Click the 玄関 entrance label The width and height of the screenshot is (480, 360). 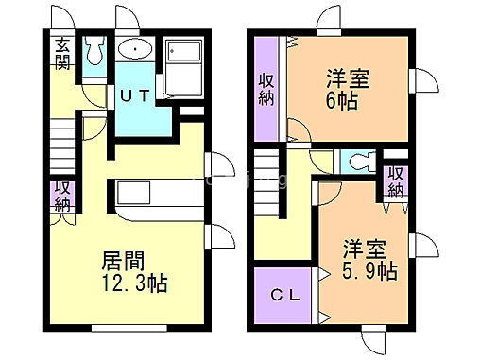tap(61, 54)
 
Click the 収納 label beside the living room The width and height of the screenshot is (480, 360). tap(62, 195)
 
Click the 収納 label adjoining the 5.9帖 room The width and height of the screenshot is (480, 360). tap(395, 180)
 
